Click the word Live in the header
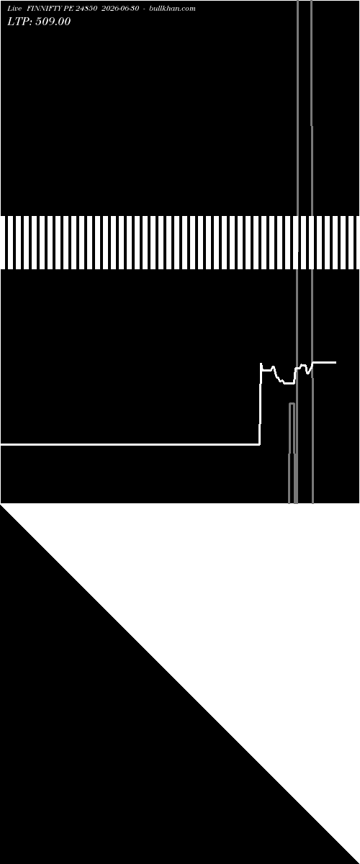tap(14, 9)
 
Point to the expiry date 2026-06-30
tap(120, 9)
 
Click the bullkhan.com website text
tap(172, 9)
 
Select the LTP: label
tap(19, 22)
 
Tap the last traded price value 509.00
tap(53, 22)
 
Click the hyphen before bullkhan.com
tap(144, 9)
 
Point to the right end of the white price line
tap(336, 362)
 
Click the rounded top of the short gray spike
tap(292, 404)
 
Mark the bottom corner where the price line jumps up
tap(259, 444)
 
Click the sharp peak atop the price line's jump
tap(261, 364)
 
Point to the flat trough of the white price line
tap(289, 383)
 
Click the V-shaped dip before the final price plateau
tap(307, 373)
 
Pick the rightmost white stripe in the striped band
tap(351, 242)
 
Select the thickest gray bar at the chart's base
tap(296, 478)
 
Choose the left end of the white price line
tap(1, 444)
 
